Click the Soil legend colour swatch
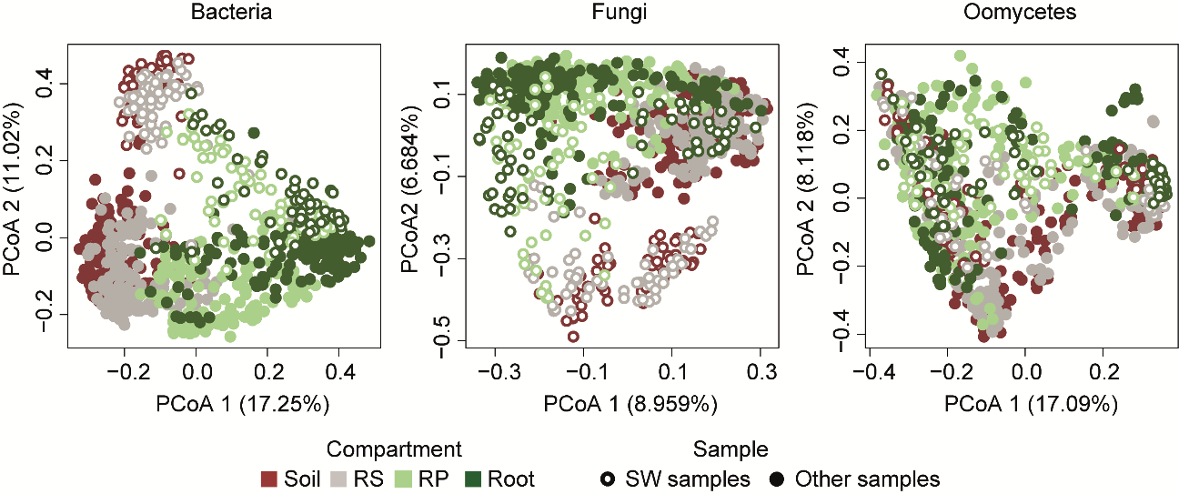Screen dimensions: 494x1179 pos(268,479)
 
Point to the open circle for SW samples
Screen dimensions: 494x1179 pos(606,479)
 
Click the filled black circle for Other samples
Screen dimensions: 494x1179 pos(777,479)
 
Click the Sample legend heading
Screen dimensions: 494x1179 pos(730,449)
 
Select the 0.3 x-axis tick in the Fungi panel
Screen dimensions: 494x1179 pos(761,373)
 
